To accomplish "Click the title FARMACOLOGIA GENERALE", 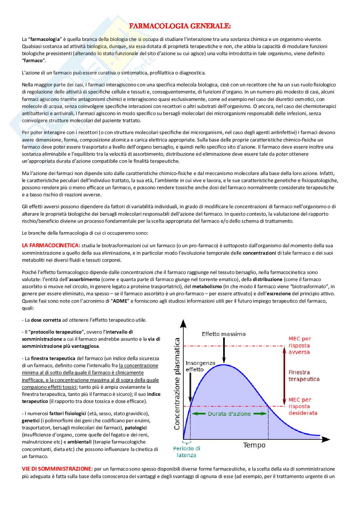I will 180,26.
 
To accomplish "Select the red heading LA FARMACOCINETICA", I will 51,246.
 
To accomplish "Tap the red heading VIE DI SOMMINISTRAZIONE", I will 57,469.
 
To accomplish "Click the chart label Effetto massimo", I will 224,334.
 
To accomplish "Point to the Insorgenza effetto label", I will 200,366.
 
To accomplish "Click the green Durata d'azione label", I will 229,414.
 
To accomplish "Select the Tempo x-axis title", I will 254,445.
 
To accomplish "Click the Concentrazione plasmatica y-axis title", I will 177,384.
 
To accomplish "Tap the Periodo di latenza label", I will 186,452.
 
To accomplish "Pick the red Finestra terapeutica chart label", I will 304,376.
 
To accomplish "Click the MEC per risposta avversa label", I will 300,345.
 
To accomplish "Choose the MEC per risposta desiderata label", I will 303,406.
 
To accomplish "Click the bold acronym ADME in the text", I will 120,301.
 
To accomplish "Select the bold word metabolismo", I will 207,287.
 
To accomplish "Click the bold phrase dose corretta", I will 46,320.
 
